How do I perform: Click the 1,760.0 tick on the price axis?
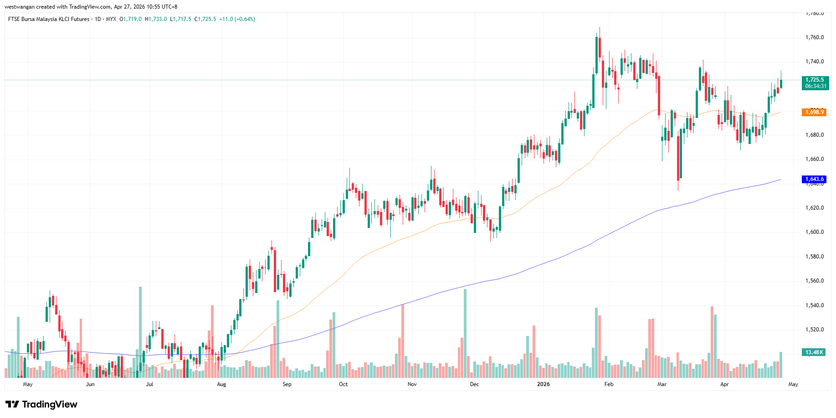[x=815, y=37]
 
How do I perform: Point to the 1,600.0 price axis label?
[x=815, y=232]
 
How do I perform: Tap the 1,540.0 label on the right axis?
[x=815, y=305]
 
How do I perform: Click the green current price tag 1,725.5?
[x=815, y=80]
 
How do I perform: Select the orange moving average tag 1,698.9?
[x=815, y=112]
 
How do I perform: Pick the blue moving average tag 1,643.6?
[x=815, y=180]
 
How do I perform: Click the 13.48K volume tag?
[x=814, y=352]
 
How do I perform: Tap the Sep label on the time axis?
[x=287, y=384]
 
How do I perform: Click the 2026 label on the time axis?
[x=543, y=384]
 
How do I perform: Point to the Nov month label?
[x=412, y=384]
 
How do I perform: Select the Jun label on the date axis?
[x=90, y=384]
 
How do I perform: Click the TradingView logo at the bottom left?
[x=41, y=404]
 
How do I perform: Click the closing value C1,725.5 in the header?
[x=205, y=19]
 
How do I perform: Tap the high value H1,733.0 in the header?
[x=156, y=19]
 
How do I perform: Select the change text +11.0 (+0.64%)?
[x=237, y=19]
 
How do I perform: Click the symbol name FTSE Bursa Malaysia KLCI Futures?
[x=49, y=19]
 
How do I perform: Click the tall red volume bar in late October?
[x=403, y=341]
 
